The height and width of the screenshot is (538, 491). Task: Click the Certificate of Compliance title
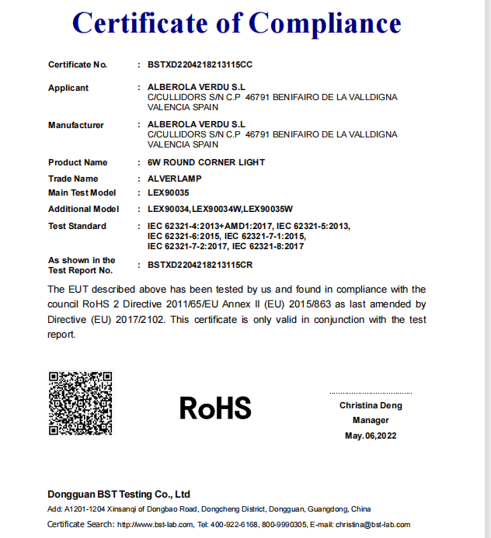pyautogui.click(x=237, y=23)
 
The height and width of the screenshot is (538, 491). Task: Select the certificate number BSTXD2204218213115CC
pyautogui.click(x=200, y=64)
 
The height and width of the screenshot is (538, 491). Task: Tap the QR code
pyautogui.click(x=81, y=404)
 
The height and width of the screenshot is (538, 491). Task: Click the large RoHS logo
pyautogui.click(x=215, y=408)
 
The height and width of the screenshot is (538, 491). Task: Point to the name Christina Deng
pyautogui.click(x=371, y=406)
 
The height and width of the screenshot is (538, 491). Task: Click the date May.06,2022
pyautogui.click(x=371, y=436)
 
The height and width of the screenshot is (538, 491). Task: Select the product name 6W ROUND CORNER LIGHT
pyautogui.click(x=206, y=162)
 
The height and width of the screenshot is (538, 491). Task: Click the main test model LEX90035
pyautogui.click(x=169, y=193)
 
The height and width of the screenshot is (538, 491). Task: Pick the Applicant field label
pyautogui.click(x=68, y=88)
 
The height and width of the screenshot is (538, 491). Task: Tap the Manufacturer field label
pyautogui.click(x=76, y=125)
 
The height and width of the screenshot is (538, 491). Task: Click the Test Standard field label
pyautogui.click(x=77, y=226)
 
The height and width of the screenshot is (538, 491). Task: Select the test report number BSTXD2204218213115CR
pyautogui.click(x=200, y=265)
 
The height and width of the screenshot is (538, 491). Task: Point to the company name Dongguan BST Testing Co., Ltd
pyautogui.click(x=119, y=494)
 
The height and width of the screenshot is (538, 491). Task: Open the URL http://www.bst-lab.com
pyautogui.click(x=155, y=525)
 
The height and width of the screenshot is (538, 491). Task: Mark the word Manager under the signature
pyautogui.click(x=371, y=421)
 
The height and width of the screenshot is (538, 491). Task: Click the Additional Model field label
pyautogui.click(x=83, y=209)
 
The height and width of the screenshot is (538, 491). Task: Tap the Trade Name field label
pyautogui.click(x=73, y=179)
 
